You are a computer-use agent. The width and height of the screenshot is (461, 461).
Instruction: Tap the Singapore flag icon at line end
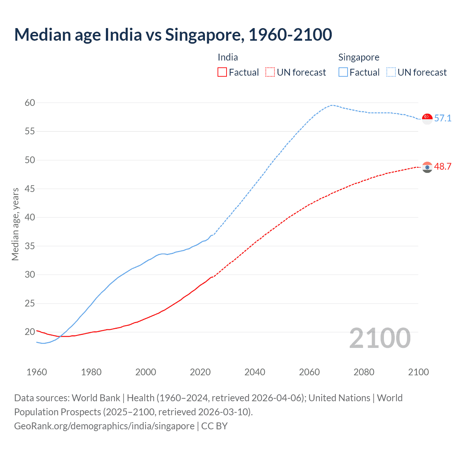pyautogui.click(x=427, y=118)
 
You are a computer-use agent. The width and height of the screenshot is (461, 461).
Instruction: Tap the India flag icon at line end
pyautogui.click(x=427, y=167)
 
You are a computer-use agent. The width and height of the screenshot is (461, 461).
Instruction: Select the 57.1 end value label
pyautogui.click(x=443, y=118)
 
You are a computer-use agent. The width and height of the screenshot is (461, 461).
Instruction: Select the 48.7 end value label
pyautogui.click(x=443, y=166)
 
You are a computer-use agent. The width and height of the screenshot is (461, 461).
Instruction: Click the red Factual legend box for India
pyautogui.click(x=222, y=72)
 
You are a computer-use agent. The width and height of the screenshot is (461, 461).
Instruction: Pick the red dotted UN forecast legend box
pyautogui.click(x=270, y=72)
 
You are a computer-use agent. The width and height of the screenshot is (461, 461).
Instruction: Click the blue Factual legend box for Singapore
pyautogui.click(x=343, y=72)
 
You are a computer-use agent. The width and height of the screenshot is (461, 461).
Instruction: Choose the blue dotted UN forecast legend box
pyautogui.click(x=391, y=72)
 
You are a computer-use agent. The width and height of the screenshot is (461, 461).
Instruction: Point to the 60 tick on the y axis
pyautogui.click(x=30, y=103)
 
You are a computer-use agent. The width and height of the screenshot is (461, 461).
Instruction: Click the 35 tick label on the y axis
pyautogui.click(x=30, y=246)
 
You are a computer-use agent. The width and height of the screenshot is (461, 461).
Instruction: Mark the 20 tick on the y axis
pyautogui.click(x=30, y=332)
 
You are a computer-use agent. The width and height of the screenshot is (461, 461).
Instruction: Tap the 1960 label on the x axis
pyautogui.click(x=37, y=372)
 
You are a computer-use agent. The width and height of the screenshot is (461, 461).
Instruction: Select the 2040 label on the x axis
pyautogui.click(x=255, y=372)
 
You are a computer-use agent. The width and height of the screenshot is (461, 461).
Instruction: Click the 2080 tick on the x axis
pyautogui.click(x=364, y=372)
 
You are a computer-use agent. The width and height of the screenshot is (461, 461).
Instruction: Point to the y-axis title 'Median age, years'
pyautogui.click(x=15, y=224)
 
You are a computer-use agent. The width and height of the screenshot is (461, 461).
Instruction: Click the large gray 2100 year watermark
pyautogui.click(x=380, y=338)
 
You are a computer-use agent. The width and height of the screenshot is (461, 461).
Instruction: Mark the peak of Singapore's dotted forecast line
pyautogui.click(x=331, y=105)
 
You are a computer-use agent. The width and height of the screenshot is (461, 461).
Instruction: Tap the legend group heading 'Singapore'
pyautogui.click(x=359, y=57)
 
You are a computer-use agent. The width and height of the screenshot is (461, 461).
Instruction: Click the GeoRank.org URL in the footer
pyautogui.click(x=104, y=426)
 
